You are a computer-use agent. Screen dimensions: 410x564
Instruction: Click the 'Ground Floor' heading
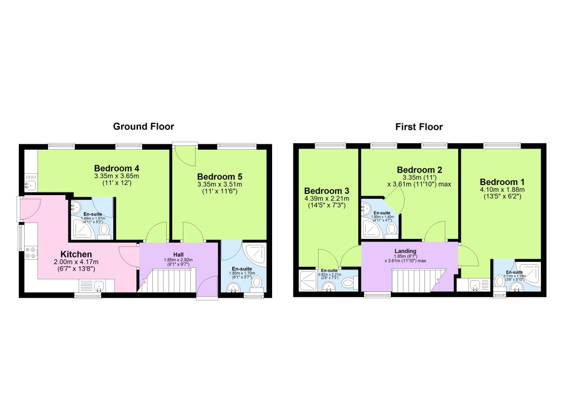143,127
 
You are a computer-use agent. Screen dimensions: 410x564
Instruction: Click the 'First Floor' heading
419,127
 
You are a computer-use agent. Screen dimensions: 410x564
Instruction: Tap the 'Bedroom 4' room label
117,167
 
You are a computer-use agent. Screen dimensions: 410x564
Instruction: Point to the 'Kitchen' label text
76,254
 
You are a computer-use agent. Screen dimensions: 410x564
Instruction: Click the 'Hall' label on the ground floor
179,254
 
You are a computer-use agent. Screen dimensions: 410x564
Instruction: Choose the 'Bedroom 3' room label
327,191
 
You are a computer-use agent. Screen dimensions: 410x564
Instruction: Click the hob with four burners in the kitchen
30,253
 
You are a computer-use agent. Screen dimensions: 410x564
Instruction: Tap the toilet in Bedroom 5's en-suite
257,282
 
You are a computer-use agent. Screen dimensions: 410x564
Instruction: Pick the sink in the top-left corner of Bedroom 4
30,185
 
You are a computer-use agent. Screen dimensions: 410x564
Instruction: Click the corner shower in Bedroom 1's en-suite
529,269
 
